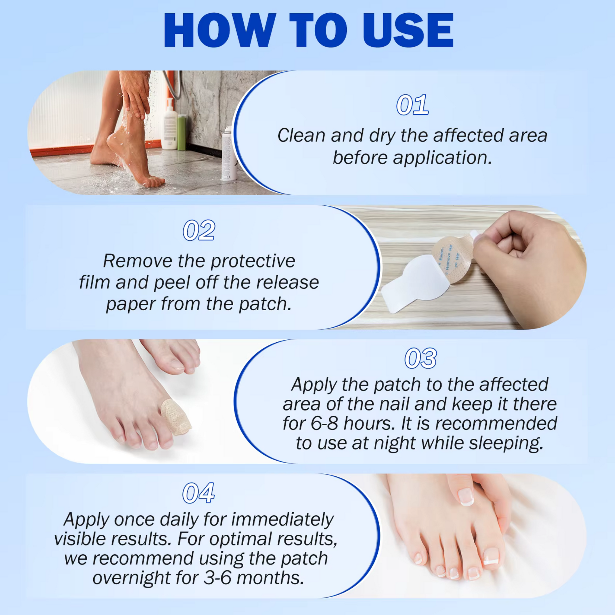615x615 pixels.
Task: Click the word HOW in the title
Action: (x=220, y=31)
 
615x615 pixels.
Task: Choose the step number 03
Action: (x=421, y=358)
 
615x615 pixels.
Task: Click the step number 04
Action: (x=198, y=493)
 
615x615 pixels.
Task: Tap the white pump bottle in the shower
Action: (x=170, y=124)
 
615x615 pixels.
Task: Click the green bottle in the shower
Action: (x=182, y=132)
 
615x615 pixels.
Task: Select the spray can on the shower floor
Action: (x=229, y=154)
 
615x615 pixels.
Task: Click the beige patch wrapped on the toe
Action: (x=176, y=417)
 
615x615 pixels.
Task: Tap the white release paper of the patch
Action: (x=414, y=283)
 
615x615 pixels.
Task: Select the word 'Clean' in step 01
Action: (x=301, y=135)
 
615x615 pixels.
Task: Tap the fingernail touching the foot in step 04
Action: (x=466, y=497)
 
